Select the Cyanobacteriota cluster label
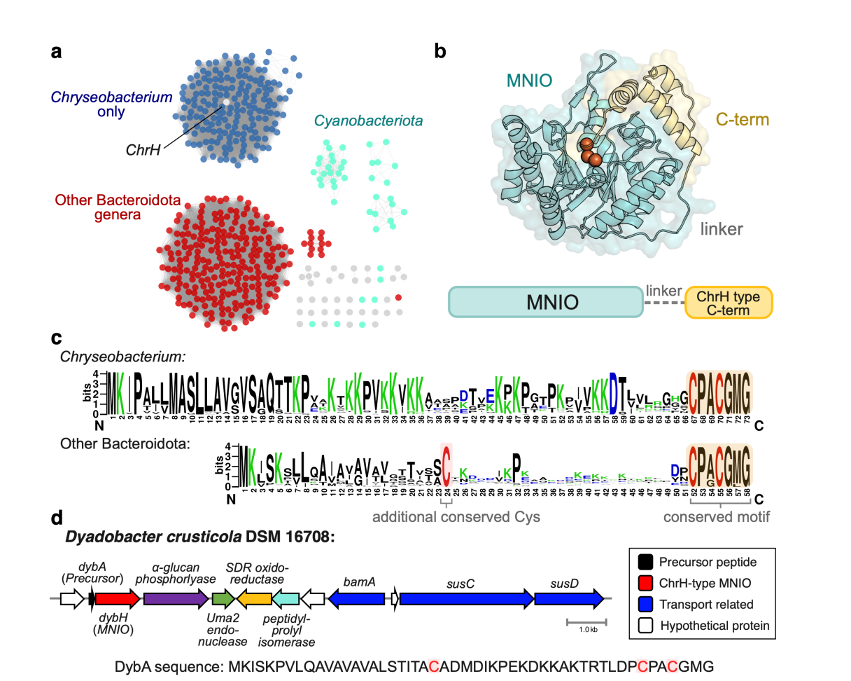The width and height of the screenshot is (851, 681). point(368,121)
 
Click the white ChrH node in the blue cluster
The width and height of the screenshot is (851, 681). point(226,103)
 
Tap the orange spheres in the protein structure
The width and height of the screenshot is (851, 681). point(589,151)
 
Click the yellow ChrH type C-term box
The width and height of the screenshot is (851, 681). point(728,303)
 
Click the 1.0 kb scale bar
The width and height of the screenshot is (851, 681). point(586,621)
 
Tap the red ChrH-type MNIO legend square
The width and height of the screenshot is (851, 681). point(648,583)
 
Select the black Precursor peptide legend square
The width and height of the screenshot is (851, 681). point(648,562)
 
